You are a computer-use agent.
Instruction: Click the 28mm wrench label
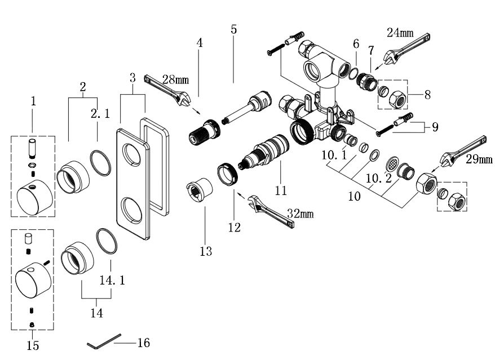175,79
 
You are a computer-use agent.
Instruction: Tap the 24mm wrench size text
400,32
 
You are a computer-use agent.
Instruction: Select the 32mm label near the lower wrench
300,214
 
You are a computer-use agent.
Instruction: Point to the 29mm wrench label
479,159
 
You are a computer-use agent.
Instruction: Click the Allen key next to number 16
104,341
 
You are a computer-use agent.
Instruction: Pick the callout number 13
206,251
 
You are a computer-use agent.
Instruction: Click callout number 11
281,190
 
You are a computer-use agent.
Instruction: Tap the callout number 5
233,29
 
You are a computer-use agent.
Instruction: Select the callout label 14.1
112,280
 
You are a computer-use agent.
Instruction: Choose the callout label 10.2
379,179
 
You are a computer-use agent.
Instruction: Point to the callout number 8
427,95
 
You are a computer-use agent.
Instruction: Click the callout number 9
435,127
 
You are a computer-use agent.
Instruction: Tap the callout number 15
33,345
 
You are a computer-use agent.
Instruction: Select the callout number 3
132,78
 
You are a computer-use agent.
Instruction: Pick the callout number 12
234,228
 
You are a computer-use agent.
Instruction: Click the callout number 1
33,101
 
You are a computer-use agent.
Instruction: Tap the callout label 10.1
334,155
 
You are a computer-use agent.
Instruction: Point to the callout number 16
144,343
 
